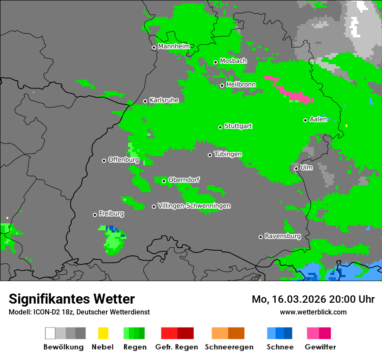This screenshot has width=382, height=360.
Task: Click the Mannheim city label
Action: [x=174, y=46]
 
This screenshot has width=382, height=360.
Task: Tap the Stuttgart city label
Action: [x=238, y=126]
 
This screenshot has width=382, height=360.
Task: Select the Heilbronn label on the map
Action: [x=240, y=85]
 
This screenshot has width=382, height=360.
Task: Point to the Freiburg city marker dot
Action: [x=95, y=215]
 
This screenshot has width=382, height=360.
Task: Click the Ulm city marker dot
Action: [x=296, y=168]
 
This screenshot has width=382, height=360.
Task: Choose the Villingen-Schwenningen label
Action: [x=194, y=206]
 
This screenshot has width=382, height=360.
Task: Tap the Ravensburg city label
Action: [x=283, y=236]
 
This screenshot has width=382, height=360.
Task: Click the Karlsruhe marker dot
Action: [x=145, y=101]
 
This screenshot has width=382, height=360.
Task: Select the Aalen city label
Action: [x=318, y=120]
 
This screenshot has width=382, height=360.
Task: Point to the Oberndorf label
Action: [x=184, y=180]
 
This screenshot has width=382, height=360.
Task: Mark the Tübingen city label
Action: [x=228, y=154]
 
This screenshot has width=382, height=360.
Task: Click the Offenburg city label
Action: [x=123, y=160]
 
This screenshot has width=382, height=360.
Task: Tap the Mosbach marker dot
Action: [x=215, y=62]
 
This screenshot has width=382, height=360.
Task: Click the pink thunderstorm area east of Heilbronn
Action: [x=295, y=95]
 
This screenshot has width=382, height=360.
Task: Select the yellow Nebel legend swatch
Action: [x=103, y=333]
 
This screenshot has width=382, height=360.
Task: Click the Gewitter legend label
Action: [x=320, y=347]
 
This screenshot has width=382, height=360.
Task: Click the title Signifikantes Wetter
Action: [x=72, y=299]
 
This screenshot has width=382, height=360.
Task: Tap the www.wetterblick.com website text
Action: [x=313, y=312]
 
